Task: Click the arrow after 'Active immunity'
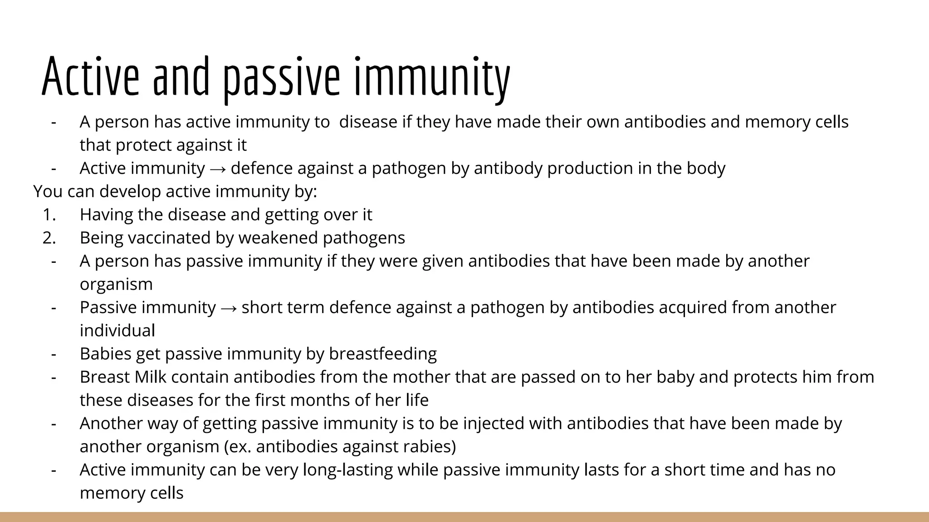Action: [x=218, y=169]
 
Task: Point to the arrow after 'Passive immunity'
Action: [x=229, y=308]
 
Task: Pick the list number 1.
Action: [x=49, y=215]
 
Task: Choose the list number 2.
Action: [x=49, y=238]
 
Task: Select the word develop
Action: [x=130, y=192]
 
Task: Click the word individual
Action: [x=117, y=331]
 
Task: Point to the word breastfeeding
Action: [x=383, y=354]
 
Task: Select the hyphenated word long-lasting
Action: [x=347, y=470]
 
